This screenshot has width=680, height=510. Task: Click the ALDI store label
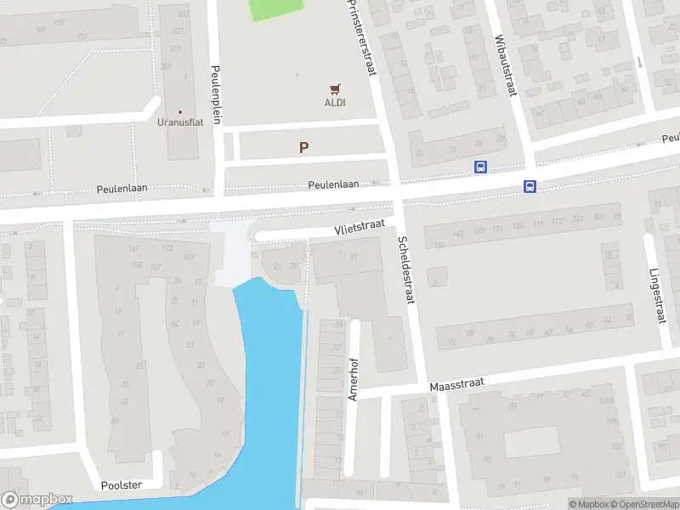tap(335, 103)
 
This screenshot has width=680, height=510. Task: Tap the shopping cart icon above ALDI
tap(335, 88)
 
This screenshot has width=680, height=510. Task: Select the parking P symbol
tap(303, 147)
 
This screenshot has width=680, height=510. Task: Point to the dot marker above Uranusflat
tap(179, 111)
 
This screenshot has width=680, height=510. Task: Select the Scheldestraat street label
tap(406, 270)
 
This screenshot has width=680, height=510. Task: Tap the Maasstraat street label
tap(456, 385)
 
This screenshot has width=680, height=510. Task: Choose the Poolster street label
tap(121, 484)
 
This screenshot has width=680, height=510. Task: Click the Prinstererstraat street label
tap(361, 38)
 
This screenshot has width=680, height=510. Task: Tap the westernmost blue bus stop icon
tap(480, 167)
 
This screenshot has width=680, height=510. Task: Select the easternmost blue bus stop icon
tap(530, 187)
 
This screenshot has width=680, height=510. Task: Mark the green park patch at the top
tap(275, 10)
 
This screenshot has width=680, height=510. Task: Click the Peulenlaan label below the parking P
tap(333, 184)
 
